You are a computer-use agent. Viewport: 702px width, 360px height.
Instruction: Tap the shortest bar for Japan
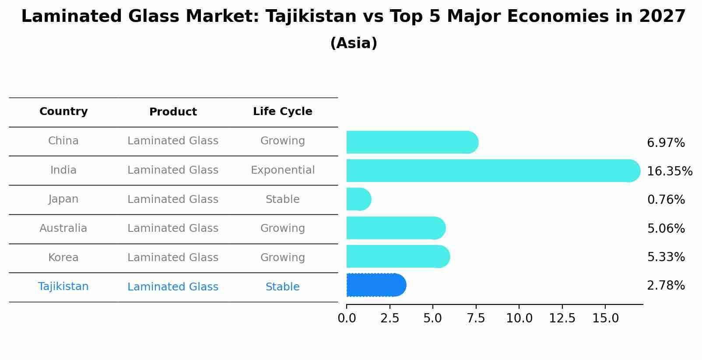point(358,199)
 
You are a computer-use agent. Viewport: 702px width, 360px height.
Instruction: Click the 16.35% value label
point(669,171)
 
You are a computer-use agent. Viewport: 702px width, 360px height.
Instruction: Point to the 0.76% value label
point(666,200)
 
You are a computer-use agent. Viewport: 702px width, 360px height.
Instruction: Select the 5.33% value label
point(666,257)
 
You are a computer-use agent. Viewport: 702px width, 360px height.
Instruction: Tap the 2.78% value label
point(666,286)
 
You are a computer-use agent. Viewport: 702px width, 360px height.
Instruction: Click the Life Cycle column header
point(282,112)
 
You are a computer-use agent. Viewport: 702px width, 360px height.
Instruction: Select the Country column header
point(63,112)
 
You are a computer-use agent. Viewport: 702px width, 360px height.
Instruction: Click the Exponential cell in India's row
point(282,170)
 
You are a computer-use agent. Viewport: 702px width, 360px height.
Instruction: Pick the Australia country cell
point(63,228)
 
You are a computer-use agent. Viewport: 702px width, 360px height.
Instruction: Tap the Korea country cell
point(63,258)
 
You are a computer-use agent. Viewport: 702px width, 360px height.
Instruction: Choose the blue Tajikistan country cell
point(63,287)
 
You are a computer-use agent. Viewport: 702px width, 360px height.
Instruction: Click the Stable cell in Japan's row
point(282,199)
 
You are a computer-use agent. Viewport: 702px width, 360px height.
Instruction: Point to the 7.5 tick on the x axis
point(476,318)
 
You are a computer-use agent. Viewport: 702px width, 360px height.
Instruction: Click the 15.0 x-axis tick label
point(605,318)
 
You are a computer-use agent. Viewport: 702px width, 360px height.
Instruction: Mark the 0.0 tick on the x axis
point(347,318)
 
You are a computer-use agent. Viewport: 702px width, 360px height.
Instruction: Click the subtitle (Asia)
point(354,43)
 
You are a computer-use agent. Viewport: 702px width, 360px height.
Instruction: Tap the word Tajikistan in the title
point(311,17)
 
